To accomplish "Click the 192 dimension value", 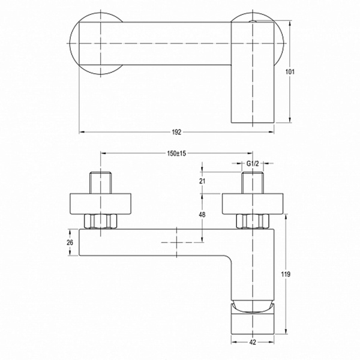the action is pyautogui.click(x=176, y=132).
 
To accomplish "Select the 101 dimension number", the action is pyautogui.click(x=290, y=72).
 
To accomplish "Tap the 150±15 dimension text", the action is pyautogui.click(x=176, y=154).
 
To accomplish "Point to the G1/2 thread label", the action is pyautogui.click(x=253, y=163).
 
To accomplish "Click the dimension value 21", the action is pyautogui.click(x=202, y=181).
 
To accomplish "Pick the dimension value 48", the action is pyautogui.click(x=202, y=215).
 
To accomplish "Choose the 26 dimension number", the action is pyautogui.click(x=70, y=242).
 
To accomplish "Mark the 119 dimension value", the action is pyautogui.click(x=286, y=274).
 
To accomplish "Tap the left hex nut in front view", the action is pyautogui.click(x=101, y=221).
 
